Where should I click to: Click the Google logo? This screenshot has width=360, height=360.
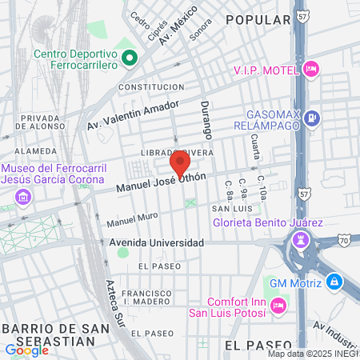[x=26, y=350]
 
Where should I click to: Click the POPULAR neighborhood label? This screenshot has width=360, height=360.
[x=258, y=18]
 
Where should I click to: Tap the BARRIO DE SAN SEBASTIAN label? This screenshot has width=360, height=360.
[x=53, y=334]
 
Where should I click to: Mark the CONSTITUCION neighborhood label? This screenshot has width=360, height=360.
[x=150, y=86]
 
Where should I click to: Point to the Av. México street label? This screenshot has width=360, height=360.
[x=178, y=30]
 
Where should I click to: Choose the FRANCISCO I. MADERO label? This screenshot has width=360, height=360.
[x=146, y=298]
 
